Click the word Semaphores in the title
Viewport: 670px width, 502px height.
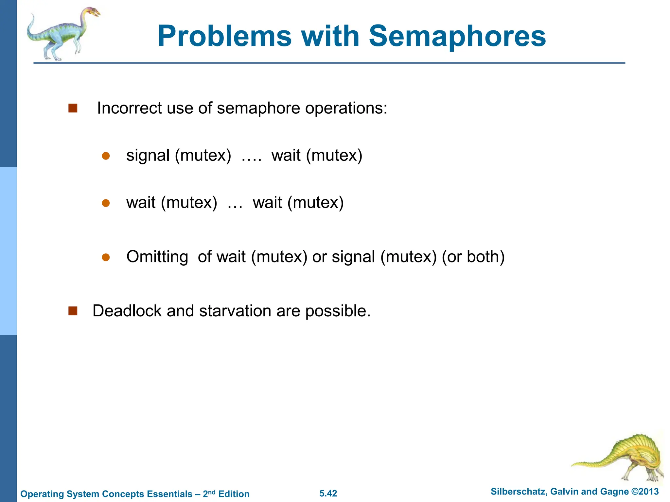click(457, 37)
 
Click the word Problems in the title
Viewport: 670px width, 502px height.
click(224, 37)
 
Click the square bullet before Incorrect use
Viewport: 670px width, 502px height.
click(73, 108)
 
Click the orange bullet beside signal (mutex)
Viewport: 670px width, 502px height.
click(106, 156)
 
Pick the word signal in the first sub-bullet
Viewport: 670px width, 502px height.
click(148, 156)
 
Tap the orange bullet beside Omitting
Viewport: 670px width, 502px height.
click(106, 258)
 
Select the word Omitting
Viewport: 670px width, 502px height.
click(157, 257)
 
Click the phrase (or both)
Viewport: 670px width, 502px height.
click(473, 257)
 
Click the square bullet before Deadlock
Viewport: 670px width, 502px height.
click(73, 311)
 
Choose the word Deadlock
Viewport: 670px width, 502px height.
click(127, 311)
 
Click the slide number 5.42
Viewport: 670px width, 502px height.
click(328, 494)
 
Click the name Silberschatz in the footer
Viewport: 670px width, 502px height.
click(518, 492)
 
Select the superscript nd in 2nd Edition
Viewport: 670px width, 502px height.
click(212, 492)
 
